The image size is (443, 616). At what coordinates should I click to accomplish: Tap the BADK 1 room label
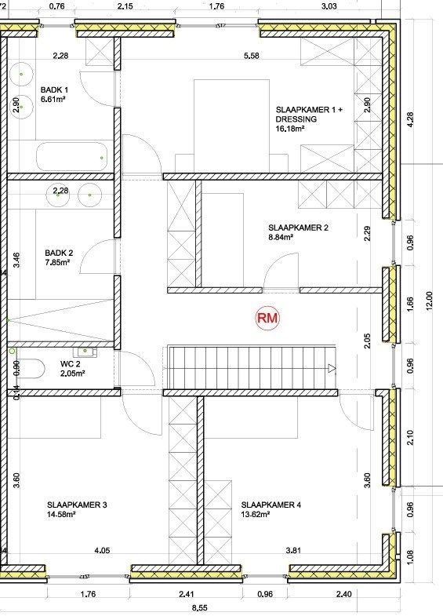[x=55, y=90]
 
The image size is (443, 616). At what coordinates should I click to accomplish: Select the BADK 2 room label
[x=59, y=253]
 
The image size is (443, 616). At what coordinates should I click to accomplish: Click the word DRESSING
[x=296, y=119]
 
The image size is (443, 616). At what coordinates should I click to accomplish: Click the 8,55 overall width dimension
[x=202, y=607]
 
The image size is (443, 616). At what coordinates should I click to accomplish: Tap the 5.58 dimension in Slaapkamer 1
[x=251, y=55]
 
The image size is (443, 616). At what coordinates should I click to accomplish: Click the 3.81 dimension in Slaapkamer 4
[x=293, y=550]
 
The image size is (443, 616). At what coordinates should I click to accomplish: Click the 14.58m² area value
[x=61, y=515]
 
